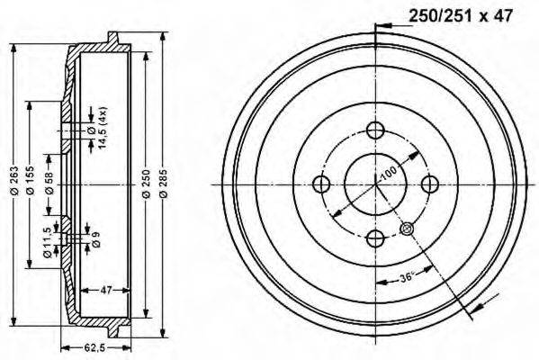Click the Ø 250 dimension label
point(146,184)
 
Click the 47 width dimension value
point(104,289)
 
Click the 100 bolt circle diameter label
point(389,171)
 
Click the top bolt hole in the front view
point(376,130)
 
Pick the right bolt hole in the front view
point(430,184)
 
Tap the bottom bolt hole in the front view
point(376,238)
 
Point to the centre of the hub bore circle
point(376,184)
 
